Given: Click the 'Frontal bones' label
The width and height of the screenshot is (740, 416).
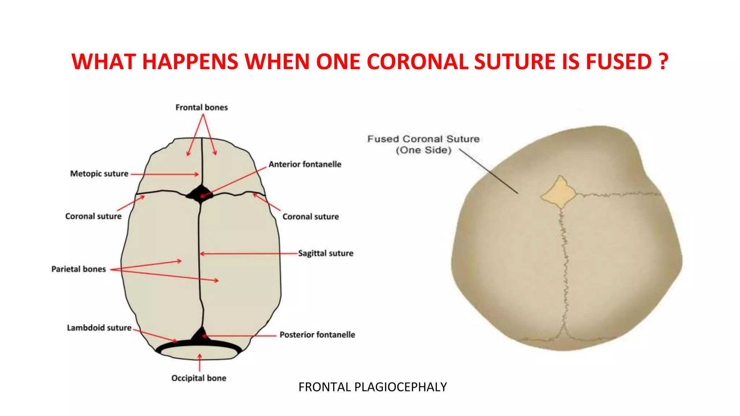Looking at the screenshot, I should (202, 108).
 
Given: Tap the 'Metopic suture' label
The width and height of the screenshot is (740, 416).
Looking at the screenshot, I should (99, 174).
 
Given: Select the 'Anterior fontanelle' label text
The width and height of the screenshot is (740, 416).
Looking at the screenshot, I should (305, 164).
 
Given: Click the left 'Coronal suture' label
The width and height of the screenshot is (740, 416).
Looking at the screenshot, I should (93, 216).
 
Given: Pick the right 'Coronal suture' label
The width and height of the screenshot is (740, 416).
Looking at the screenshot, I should (310, 217).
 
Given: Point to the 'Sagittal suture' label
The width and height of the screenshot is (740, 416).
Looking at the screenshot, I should (326, 253).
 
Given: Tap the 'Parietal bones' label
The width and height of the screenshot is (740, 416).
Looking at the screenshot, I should (78, 269).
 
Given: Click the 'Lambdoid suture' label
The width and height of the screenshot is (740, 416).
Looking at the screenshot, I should (99, 328).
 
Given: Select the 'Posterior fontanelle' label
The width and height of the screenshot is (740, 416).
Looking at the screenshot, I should (317, 335).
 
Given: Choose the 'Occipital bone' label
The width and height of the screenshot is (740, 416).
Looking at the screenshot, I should (199, 378).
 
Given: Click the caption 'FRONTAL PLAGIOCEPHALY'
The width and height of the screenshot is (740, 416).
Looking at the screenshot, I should (373, 387).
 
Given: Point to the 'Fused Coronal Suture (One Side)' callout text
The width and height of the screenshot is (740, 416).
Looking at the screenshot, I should (423, 144).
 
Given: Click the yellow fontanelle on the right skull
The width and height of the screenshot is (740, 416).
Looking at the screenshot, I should (559, 192).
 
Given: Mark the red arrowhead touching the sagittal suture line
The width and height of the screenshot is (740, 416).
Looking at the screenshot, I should (202, 254).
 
